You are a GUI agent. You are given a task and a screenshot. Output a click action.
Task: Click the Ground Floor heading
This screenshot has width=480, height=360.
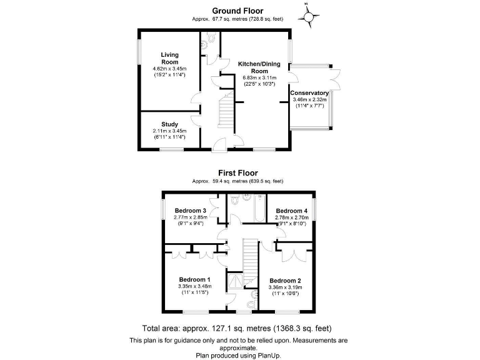[x=237, y=11]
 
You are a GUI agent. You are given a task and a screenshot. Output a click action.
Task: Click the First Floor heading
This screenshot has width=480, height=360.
[x=237, y=173]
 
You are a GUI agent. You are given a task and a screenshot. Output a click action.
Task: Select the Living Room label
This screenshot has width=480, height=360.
[x=169, y=59]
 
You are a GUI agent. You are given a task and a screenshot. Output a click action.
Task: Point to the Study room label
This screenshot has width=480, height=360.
[x=169, y=124]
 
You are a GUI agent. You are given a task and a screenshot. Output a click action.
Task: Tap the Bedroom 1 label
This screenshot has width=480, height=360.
[x=194, y=279]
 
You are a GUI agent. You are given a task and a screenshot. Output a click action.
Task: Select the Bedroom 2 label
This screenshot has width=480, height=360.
[x=285, y=281]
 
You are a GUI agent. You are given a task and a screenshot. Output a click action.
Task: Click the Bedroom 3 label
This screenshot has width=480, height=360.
[x=190, y=210]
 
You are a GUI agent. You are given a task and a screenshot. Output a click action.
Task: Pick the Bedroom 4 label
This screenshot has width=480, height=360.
[x=292, y=211]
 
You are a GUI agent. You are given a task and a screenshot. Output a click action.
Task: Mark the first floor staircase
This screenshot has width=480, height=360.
[x=250, y=256]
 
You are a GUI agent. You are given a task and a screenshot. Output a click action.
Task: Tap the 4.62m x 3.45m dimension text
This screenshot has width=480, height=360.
[x=169, y=69]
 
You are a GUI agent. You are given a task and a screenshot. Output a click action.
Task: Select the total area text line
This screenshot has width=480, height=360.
[x=237, y=328]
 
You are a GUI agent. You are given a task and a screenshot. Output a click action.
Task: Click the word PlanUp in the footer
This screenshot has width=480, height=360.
[x=269, y=354]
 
